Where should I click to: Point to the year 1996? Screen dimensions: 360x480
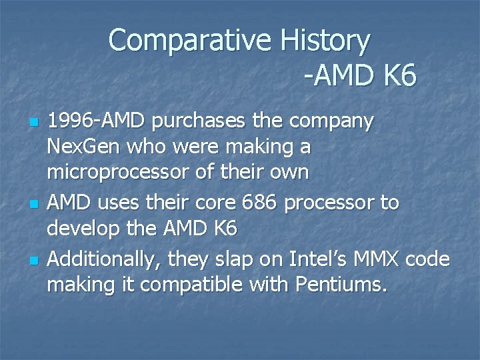click(x=71, y=123)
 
